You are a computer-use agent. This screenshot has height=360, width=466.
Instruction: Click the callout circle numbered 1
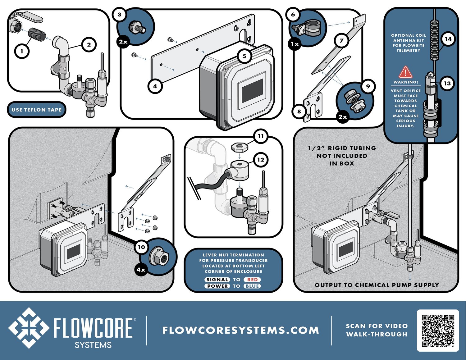(x=22, y=51)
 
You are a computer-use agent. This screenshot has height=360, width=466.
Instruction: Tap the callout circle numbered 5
(x=244, y=56)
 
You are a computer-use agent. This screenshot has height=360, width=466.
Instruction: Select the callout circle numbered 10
(x=141, y=247)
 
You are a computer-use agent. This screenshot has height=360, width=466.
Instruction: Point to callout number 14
(x=448, y=39)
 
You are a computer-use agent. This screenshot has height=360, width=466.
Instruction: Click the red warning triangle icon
(x=405, y=72)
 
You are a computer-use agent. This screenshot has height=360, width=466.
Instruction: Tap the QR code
(x=438, y=330)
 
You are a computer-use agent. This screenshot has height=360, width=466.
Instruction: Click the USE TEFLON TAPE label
(x=37, y=110)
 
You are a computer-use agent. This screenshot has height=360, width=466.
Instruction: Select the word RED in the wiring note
(x=252, y=280)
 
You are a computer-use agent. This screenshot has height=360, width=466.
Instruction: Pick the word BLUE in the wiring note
(x=252, y=286)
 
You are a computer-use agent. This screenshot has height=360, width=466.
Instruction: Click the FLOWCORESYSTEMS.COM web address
(x=240, y=330)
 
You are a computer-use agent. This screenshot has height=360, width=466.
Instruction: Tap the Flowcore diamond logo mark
(x=29, y=328)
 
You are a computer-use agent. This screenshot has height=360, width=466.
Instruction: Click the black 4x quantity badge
(x=141, y=270)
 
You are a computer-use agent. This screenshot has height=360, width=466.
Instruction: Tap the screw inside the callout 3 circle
(x=138, y=27)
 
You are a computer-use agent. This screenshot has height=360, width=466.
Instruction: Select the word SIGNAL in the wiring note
(x=217, y=280)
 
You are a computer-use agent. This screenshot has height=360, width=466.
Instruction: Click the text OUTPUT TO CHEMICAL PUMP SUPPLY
(x=377, y=285)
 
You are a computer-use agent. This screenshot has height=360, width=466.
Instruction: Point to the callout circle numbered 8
(x=299, y=111)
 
